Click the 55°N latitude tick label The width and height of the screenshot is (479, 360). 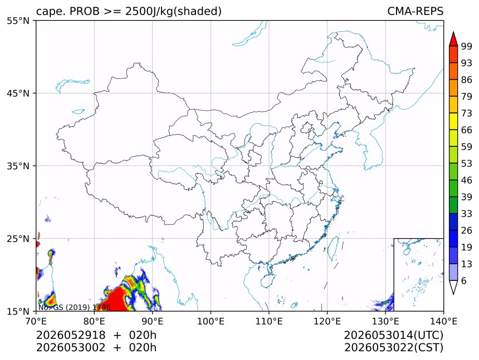[x=18, y=21]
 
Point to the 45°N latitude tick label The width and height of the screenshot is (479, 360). [x=18, y=93]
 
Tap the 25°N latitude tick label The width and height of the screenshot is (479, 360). [x=18, y=239]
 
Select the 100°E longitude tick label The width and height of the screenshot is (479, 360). [x=211, y=321]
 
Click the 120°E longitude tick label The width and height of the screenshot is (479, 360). [x=327, y=321]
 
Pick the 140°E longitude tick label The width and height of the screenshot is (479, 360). [x=443, y=321]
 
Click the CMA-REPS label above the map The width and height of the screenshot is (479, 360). [x=415, y=11]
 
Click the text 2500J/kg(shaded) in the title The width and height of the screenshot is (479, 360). [x=174, y=11]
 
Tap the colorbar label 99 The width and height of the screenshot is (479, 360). [x=467, y=46]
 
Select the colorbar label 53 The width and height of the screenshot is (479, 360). [x=467, y=164]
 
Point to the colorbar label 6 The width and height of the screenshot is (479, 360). [x=464, y=280]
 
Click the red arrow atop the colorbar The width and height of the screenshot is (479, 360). [x=453, y=39]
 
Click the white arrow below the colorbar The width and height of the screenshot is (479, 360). [x=453, y=287]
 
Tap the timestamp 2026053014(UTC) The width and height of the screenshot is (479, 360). [x=393, y=336]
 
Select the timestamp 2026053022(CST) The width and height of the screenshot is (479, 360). [x=393, y=348]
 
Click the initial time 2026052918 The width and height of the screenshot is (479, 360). [x=71, y=335]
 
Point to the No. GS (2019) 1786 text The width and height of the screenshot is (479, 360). [x=74, y=307]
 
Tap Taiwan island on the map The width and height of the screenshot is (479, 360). [x=331, y=249]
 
